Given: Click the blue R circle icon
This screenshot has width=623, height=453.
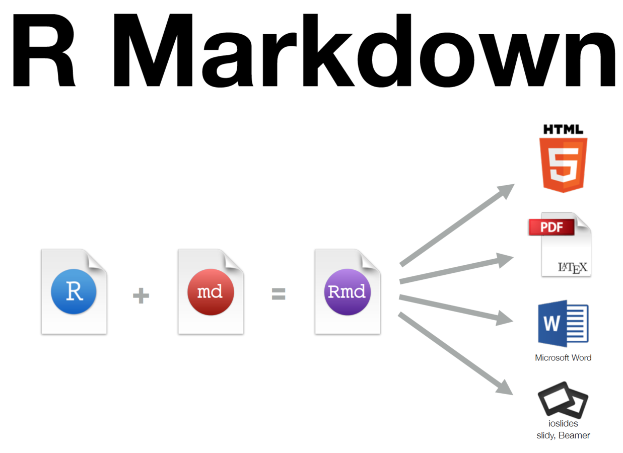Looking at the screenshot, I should pyautogui.click(x=74, y=291).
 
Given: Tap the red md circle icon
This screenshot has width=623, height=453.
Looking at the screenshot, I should pyautogui.click(x=211, y=291).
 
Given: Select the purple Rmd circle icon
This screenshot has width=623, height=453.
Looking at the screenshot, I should pyautogui.click(x=348, y=291).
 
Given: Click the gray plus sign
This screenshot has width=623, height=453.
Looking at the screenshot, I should pyautogui.click(x=141, y=295).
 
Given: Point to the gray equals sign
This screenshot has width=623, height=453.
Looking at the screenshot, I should pyautogui.click(x=279, y=294).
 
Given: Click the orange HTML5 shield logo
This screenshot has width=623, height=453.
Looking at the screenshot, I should pyautogui.click(x=563, y=165).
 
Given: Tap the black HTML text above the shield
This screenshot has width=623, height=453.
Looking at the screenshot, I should pyautogui.click(x=563, y=129).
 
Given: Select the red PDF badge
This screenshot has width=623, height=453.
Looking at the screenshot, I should pyautogui.click(x=551, y=227).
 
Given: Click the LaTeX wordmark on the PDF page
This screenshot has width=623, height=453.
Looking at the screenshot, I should pyautogui.click(x=573, y=267).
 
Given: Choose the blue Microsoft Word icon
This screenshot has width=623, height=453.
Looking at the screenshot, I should pyautogui.click(x=563, y=323).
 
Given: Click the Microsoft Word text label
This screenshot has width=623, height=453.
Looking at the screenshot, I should pyautogui.click(x=563, y=358).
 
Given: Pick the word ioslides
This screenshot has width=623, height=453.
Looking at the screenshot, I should pyautogui.click(x=563, y=424).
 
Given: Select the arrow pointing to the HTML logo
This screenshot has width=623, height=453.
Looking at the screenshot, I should pyautogui.click(x=456, y=225).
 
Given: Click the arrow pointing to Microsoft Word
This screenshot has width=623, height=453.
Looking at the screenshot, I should pyautogui.click(x=456, y=309).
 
